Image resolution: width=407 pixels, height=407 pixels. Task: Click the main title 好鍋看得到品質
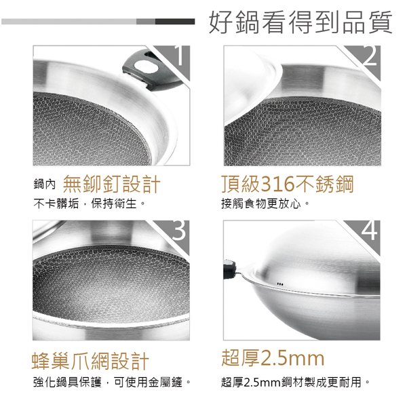(x=301, y=22)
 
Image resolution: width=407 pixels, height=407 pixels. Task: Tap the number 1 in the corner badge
(x=180, y=56)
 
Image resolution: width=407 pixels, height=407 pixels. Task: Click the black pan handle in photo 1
(x=151, y=71)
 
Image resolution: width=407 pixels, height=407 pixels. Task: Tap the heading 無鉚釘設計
(x=111, y=185)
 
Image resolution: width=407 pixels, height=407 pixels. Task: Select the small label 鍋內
(x=44, y=185)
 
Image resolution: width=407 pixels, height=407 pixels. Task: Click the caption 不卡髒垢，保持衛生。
(x=89, y=203)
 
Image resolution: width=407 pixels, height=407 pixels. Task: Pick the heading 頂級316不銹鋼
(x=288, y=185)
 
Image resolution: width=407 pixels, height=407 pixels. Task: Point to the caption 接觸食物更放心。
(x=265, y=203)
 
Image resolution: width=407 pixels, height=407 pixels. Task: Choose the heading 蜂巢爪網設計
(x=90, y=361)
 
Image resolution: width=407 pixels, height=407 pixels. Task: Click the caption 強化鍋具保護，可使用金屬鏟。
(x=112, y=382)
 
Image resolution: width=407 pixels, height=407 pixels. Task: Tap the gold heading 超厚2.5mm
(x=273, y=358)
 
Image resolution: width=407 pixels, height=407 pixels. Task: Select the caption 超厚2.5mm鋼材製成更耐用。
(x=295, y=382)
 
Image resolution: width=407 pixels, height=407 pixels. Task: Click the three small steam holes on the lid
(x=280, y=284)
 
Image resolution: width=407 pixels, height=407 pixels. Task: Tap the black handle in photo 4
(x=229, y=269)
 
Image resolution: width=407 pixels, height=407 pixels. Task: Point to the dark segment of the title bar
(x=175, y=22)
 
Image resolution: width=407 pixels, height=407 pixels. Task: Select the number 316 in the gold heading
(x=277, y=185)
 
